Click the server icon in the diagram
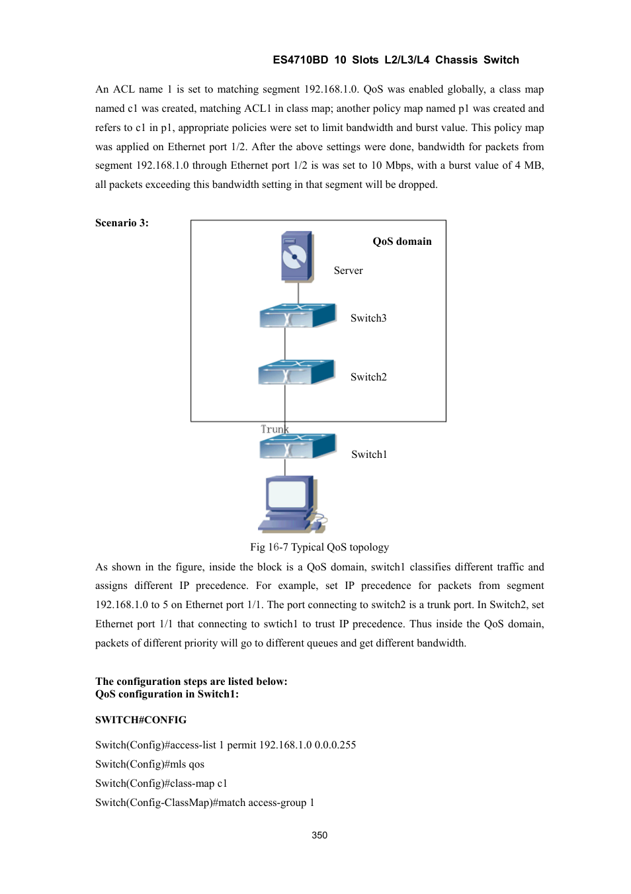(x=296, y=257)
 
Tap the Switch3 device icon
(x=297, y=316)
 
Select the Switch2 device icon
(x=296, y=373)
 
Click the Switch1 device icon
(x=297, y=447)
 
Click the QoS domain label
(x=401, y=242)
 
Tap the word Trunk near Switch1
(x=274, y=429)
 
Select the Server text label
(x=348, y=271)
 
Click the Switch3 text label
(x=368, y=318)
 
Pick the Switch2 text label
(x=368, y=377)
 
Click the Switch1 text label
(x=369, y=455)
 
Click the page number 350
(x=319, y=835)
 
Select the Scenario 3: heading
(x=122, y=223)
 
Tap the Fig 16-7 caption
(x=319, y=547)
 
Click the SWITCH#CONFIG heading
(x=140, y=720)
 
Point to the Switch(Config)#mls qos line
(x=149, y=764)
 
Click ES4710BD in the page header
(x=300, y=60)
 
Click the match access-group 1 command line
(x=204, y=803)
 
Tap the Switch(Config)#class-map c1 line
(x=161, y=783)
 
